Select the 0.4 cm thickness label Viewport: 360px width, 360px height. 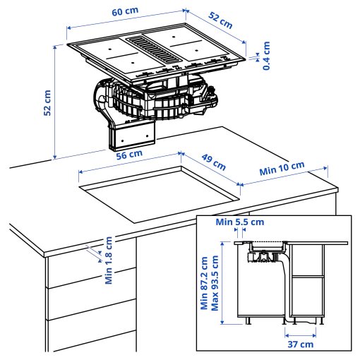(267, 54)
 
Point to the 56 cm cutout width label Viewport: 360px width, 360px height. (130, 155)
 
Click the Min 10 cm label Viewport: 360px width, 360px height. (282, 169)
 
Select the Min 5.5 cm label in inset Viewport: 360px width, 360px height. (240, 222)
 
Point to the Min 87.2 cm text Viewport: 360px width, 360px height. (205, 282)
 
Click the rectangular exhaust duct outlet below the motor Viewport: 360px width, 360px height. (131, 135)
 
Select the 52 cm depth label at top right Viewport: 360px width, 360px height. (220, 20)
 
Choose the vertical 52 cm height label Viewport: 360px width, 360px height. (47, 102)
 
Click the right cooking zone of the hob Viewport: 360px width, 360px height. (194, 49)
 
